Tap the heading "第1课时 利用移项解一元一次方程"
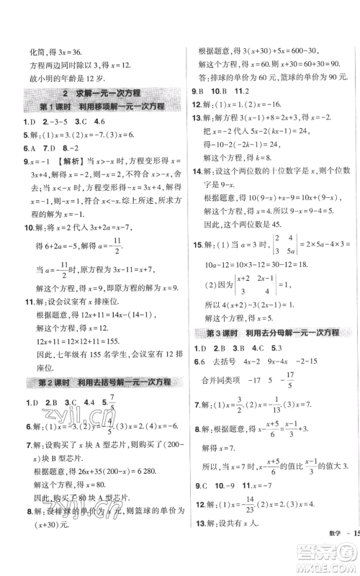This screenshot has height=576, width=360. pos(101,107)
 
